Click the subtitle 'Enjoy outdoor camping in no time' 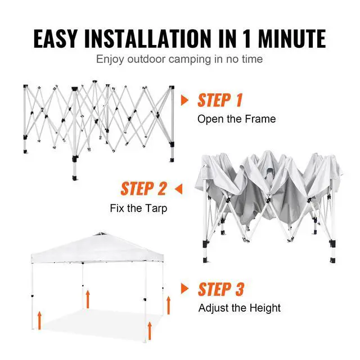click(x=179, y=58)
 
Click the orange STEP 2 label click(x=144, y=188)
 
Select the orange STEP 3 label click(x=221, y=289)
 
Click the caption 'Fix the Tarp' click(x=138, y=208)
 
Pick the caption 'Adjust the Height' click(x=239, y=308)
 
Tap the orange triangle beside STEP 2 click(x=179, y=188)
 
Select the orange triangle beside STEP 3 click(x=184, y=289)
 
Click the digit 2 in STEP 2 click(x=161, y=188)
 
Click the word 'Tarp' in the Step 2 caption click(x=156, y=208)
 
